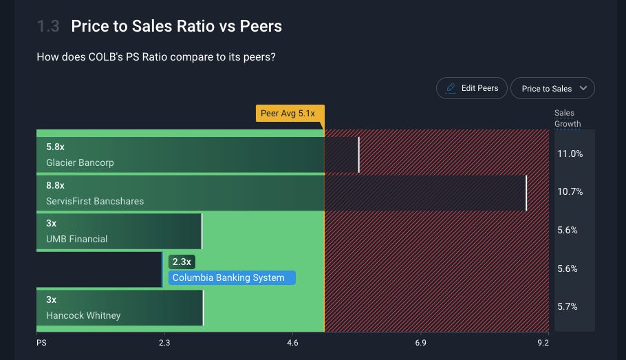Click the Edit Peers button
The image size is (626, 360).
point(471,88)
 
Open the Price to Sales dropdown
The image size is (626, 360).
point(552,88)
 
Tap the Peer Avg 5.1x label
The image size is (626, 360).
point(290,113)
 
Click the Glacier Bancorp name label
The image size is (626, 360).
point(80,162)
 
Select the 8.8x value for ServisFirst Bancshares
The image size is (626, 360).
point(55,185)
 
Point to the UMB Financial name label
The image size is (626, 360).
point(76,239)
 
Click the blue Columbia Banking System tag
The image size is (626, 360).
point(232,277)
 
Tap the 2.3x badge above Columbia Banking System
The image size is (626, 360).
point(182,262)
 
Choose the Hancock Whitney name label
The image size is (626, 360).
point(83,315)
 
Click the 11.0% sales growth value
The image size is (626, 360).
point(570,153)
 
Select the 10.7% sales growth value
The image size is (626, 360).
point(570,192)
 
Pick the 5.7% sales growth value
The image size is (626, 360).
point(568,306)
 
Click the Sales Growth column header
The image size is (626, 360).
point(568,118)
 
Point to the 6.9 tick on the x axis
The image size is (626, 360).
point(420,343)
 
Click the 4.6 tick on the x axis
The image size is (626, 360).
point(292,343)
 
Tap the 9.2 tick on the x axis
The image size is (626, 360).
point(543,343)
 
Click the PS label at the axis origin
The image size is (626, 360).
point(41,343)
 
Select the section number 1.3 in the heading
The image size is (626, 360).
point(48,26)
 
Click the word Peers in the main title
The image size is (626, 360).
point(261,26)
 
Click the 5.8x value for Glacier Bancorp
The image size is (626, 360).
point(55,147)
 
